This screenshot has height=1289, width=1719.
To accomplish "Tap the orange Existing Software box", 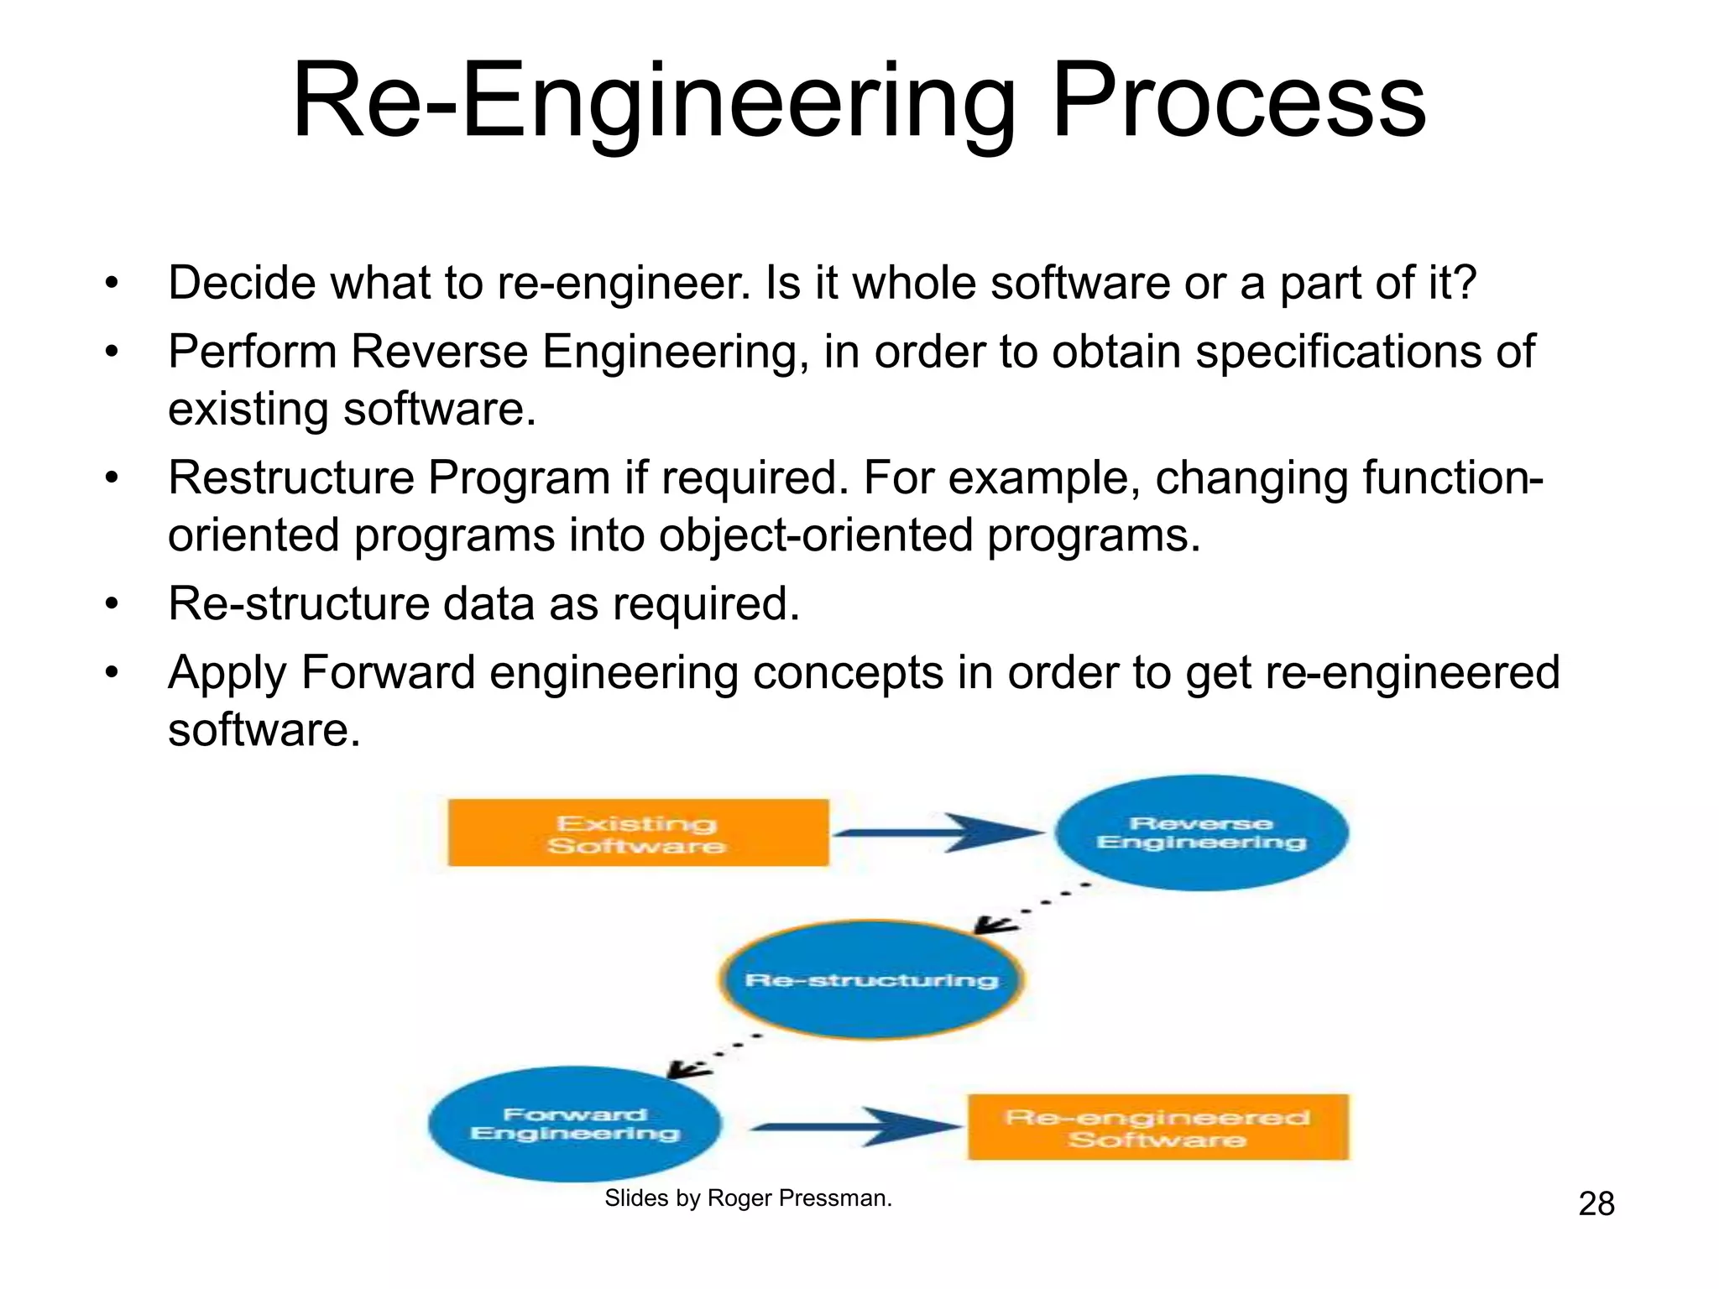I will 638,833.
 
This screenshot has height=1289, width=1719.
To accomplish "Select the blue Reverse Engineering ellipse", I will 1201,833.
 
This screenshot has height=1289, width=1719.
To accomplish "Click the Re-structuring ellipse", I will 871,980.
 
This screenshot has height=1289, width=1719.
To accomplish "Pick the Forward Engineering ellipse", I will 575,1125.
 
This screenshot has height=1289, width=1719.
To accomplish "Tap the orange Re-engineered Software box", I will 1158,1128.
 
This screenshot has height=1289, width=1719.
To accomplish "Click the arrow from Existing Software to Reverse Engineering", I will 938,832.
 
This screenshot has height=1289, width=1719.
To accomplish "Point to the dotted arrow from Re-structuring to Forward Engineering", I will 713,1055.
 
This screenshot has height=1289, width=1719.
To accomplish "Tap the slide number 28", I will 1596,1204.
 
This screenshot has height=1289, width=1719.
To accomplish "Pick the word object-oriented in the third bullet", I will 816,535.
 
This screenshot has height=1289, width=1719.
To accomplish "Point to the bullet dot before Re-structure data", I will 112,604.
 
